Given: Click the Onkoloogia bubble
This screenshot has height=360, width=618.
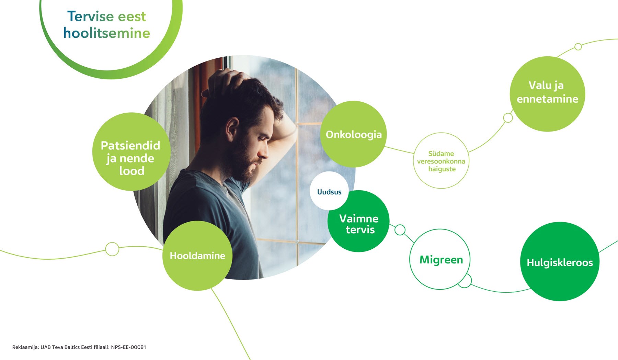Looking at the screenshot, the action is (353, 134).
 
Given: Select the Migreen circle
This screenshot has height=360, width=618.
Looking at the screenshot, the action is (440, 259).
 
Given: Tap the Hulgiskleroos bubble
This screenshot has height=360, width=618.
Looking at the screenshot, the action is (560, 261).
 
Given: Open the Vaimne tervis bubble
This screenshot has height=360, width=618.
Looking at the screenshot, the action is (358, 221).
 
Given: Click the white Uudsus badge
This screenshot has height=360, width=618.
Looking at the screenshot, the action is (329, 191).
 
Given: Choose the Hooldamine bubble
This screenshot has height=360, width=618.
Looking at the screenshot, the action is (197, 256).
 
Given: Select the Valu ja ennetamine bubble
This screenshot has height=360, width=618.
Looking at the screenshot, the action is (547, 94).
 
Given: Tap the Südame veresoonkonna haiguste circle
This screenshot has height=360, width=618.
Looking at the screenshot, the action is (441, 160).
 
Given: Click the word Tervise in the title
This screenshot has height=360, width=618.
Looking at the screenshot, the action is (91, 16).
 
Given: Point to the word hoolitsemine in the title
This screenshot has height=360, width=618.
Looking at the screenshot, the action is (106, 33).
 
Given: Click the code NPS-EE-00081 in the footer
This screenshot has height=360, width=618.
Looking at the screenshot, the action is (128, 347).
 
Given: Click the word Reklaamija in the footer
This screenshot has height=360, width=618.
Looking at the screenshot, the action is (26, 347).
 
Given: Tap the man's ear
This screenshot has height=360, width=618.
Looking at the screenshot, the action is (232, 129).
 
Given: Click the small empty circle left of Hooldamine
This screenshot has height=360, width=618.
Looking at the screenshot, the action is (112, 249).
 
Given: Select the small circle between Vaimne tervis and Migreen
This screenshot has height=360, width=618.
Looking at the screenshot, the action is (400, 230).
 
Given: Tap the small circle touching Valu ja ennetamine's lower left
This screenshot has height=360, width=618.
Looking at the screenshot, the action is (508, 118).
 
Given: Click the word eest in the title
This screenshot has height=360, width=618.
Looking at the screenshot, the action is (132, 16).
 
